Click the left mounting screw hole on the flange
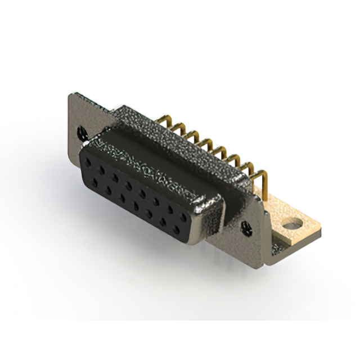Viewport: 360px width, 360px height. [83, 133]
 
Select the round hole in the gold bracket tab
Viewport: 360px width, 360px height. [291, 226]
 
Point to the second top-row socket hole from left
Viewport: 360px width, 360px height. [102, 168]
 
